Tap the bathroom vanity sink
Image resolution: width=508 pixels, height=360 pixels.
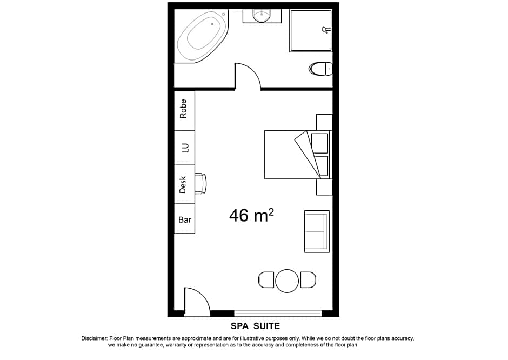click(262, 16)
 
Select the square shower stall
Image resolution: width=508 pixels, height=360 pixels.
click(310, 30)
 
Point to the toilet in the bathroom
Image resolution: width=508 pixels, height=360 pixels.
click(321, 69)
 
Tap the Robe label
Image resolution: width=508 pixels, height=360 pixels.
click(184, 109)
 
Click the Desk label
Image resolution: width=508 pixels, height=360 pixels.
click(183, 184)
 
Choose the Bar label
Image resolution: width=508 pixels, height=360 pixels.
click(184, 219)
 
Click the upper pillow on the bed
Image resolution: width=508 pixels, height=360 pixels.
click(320, 143)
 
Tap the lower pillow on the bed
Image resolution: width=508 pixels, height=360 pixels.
click(322, 166)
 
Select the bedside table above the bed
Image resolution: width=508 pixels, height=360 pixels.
click(324, 122)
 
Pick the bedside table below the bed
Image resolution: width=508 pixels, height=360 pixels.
click(324, 187)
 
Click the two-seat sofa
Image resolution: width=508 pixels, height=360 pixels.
click(317, 231)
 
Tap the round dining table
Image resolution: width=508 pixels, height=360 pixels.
click(287, 281)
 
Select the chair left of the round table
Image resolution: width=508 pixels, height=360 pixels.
click(266, 281)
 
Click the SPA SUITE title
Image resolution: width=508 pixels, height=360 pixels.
click(255, 326)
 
